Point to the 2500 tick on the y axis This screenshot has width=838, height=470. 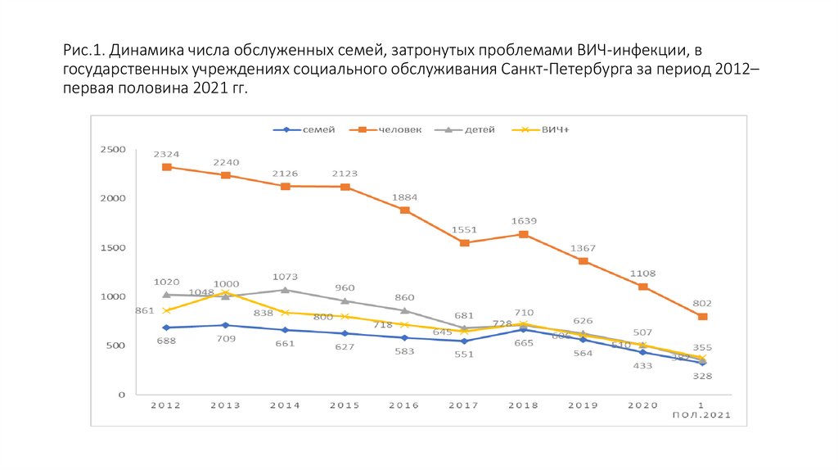pyautogui.click(x=111, y=149)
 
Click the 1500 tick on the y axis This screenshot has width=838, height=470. pyautogui.click(x=111, y=247)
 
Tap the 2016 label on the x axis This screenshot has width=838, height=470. pyautogui.click(x=404, y=405)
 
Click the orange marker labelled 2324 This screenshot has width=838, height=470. pyautogui.click(x=166, y=167)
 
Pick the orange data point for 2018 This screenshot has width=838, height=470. pyautogui.click(x=524, y=234)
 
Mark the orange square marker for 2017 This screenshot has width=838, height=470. pyautogui.click(x=464, y=243)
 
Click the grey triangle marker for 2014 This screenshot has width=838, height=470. pyautogui.click(x=286, y=290)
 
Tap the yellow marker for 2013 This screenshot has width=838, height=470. pyautogui.click(x=226, y=292)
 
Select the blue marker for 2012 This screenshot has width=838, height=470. pyautogui.click(x=166, y=328)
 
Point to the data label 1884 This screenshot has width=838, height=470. pyautogui.click(x=404, y=197)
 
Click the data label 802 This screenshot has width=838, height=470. pyautogui.click(x=702, y=302)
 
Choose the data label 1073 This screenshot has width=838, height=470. pyautogui.click(x=286, y=276)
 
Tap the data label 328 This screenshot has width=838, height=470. pyautogui.click(x=702, y=376)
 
